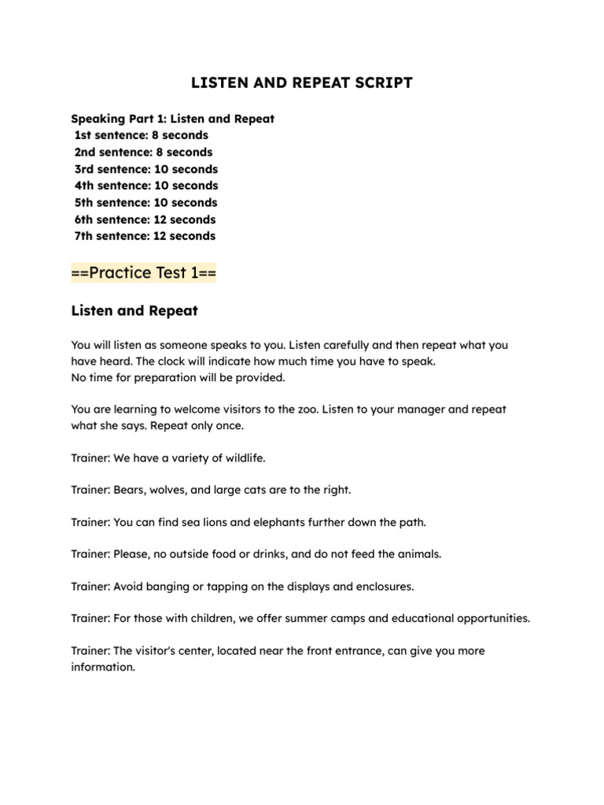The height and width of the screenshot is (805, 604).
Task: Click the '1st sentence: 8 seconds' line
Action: point(142,135)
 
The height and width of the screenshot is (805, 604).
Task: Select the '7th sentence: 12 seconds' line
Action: point(145,236)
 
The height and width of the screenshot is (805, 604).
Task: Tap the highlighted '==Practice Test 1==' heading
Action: point(144,273)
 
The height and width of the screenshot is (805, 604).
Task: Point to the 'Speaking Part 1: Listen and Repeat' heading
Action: point(172,119)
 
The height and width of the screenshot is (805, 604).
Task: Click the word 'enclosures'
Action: point(385,586)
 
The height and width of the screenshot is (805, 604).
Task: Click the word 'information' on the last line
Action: point(101,667)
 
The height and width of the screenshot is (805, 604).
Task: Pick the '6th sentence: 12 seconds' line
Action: point(145,219)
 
